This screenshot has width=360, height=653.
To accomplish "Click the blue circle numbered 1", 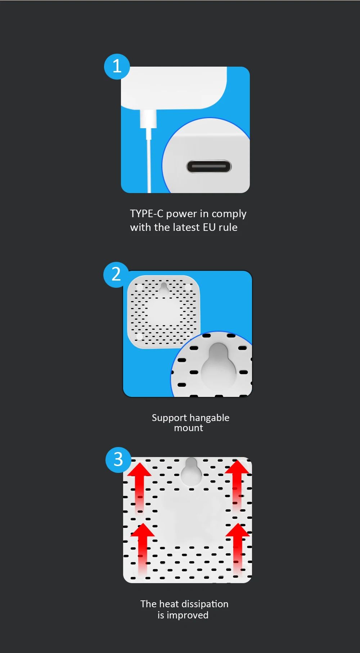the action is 117,67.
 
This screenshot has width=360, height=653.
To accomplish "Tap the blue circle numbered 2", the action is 116,274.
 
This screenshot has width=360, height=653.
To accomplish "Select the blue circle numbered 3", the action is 118,460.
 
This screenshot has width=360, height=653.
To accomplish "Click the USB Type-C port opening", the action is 209,166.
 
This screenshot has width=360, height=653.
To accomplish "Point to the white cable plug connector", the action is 148,119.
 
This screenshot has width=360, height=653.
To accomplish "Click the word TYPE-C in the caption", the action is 147,214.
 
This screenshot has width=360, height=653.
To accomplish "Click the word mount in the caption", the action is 189,428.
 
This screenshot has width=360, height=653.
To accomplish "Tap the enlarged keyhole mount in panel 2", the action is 218,364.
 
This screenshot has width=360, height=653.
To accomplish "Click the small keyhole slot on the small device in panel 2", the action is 164,289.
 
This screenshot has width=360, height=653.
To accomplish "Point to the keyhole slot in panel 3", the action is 191,471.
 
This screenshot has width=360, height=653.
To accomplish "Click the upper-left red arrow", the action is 139,488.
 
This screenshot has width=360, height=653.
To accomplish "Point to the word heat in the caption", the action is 169,604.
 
